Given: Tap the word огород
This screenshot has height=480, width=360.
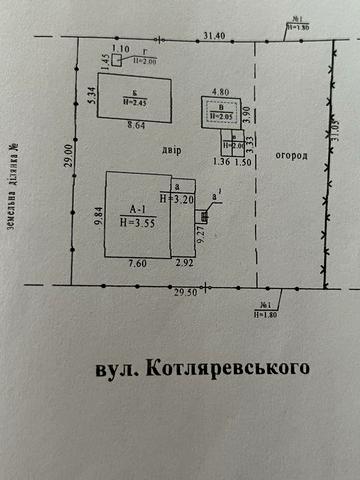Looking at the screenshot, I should point(291,157).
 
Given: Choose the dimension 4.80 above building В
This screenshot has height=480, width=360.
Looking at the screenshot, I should point(218,90).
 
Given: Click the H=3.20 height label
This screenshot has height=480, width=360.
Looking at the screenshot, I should point(174,199).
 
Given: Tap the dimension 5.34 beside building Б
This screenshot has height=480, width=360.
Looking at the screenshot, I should point(89,98).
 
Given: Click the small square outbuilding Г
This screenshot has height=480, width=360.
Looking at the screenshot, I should point(118,60).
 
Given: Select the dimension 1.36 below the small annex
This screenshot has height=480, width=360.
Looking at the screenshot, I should point(222,160).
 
